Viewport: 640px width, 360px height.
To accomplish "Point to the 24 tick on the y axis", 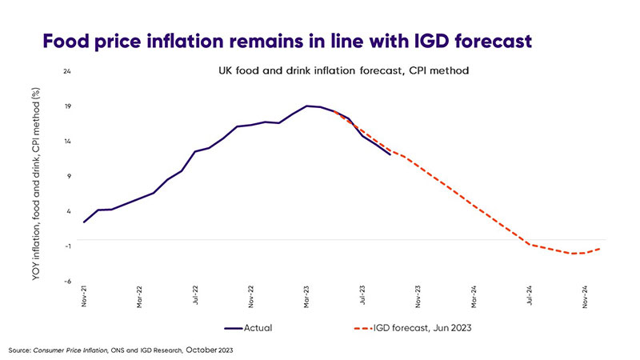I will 67,71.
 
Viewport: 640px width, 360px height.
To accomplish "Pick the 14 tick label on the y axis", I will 67,141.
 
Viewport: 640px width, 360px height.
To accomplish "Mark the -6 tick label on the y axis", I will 67,281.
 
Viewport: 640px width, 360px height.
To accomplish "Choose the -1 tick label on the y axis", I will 67,246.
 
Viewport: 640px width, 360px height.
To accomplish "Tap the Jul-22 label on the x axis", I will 196,297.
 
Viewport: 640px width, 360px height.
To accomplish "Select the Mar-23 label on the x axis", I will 307,297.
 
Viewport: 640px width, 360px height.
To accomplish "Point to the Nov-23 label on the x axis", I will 418,297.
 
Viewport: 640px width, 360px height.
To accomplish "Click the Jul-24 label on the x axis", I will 530,297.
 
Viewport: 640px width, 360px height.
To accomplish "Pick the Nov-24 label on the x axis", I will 586,297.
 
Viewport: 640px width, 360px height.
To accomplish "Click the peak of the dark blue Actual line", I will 307,106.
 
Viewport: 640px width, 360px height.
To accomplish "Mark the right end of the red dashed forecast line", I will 600,248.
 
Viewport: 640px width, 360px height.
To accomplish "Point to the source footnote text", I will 120,350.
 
